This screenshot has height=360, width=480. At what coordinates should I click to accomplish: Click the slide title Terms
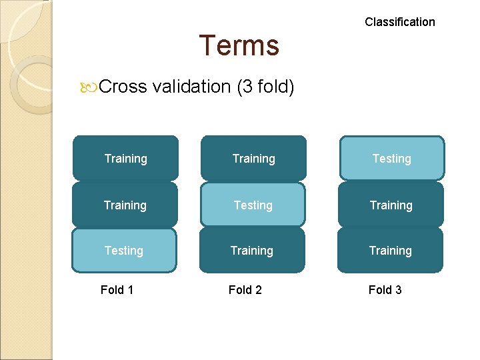point(239,45)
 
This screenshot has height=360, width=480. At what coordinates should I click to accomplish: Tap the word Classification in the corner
point(399,22)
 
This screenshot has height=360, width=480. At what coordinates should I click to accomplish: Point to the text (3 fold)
point(265,87)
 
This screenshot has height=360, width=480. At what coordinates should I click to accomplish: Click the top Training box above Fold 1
point(125,159)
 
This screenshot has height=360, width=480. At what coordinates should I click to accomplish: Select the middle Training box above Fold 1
point(125,205)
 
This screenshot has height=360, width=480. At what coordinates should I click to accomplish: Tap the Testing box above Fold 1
point(124,251)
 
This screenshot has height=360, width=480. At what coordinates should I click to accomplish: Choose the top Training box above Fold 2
point(253,159)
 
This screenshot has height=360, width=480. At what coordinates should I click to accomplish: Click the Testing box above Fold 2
point(253,205)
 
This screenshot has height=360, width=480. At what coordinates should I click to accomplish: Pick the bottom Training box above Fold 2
point(252,251)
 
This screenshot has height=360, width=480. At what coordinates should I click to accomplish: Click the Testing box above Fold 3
point(391,159)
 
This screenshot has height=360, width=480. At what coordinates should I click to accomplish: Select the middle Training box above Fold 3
point(391,205)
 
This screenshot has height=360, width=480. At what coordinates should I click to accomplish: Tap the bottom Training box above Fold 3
point(390,251)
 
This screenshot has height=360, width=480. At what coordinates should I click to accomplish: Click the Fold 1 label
point(117,290)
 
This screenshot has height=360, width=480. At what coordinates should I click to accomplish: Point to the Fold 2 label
point(245,290)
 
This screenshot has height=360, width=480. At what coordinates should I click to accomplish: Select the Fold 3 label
point(385,290)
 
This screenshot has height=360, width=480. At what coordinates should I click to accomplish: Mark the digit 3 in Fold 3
point(398,290)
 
